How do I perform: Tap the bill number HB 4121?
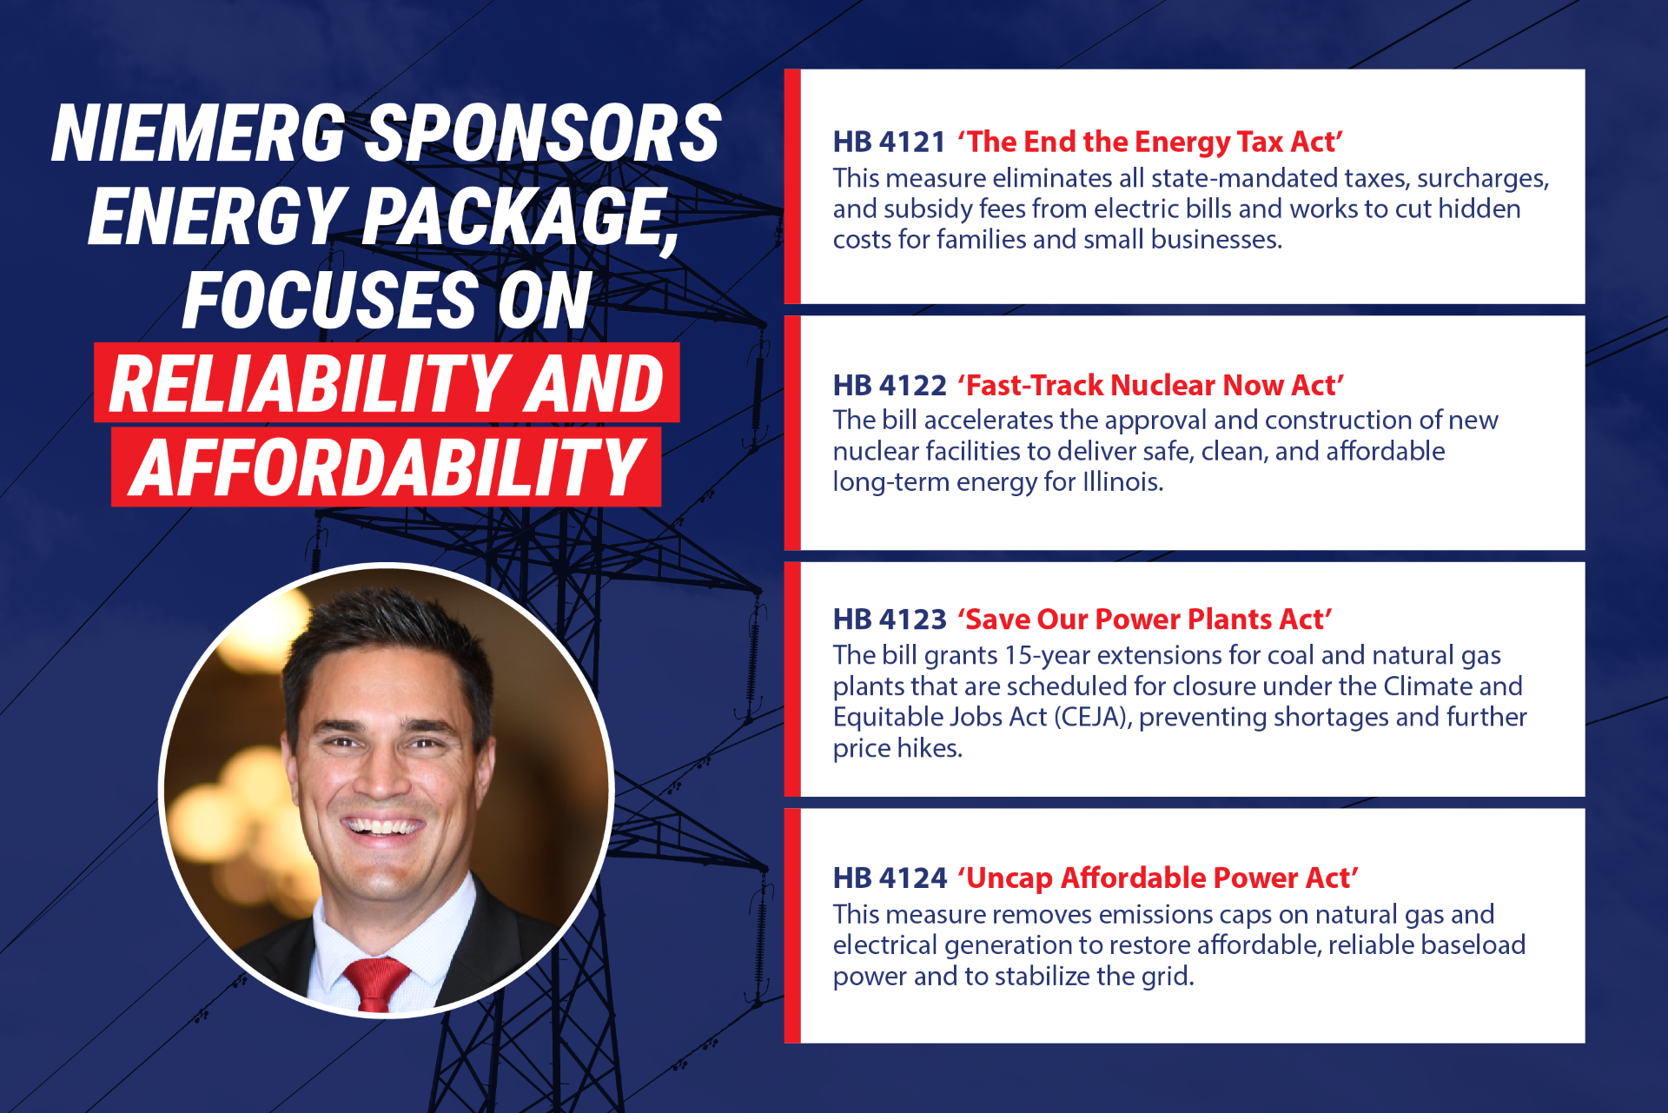point(889,142)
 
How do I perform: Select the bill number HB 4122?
point(890,385)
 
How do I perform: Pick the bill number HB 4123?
point(890,619)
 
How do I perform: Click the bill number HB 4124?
point(890,878)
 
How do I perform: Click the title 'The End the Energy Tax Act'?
point(1150,142)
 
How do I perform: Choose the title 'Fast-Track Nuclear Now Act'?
point(1151,385)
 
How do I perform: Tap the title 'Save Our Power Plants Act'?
point(1145,619)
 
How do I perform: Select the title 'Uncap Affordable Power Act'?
point(1158,878)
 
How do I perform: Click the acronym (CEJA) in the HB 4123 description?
point(1093,717)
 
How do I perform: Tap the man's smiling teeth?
point(382,825)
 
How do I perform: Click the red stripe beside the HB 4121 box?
point(792,187)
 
